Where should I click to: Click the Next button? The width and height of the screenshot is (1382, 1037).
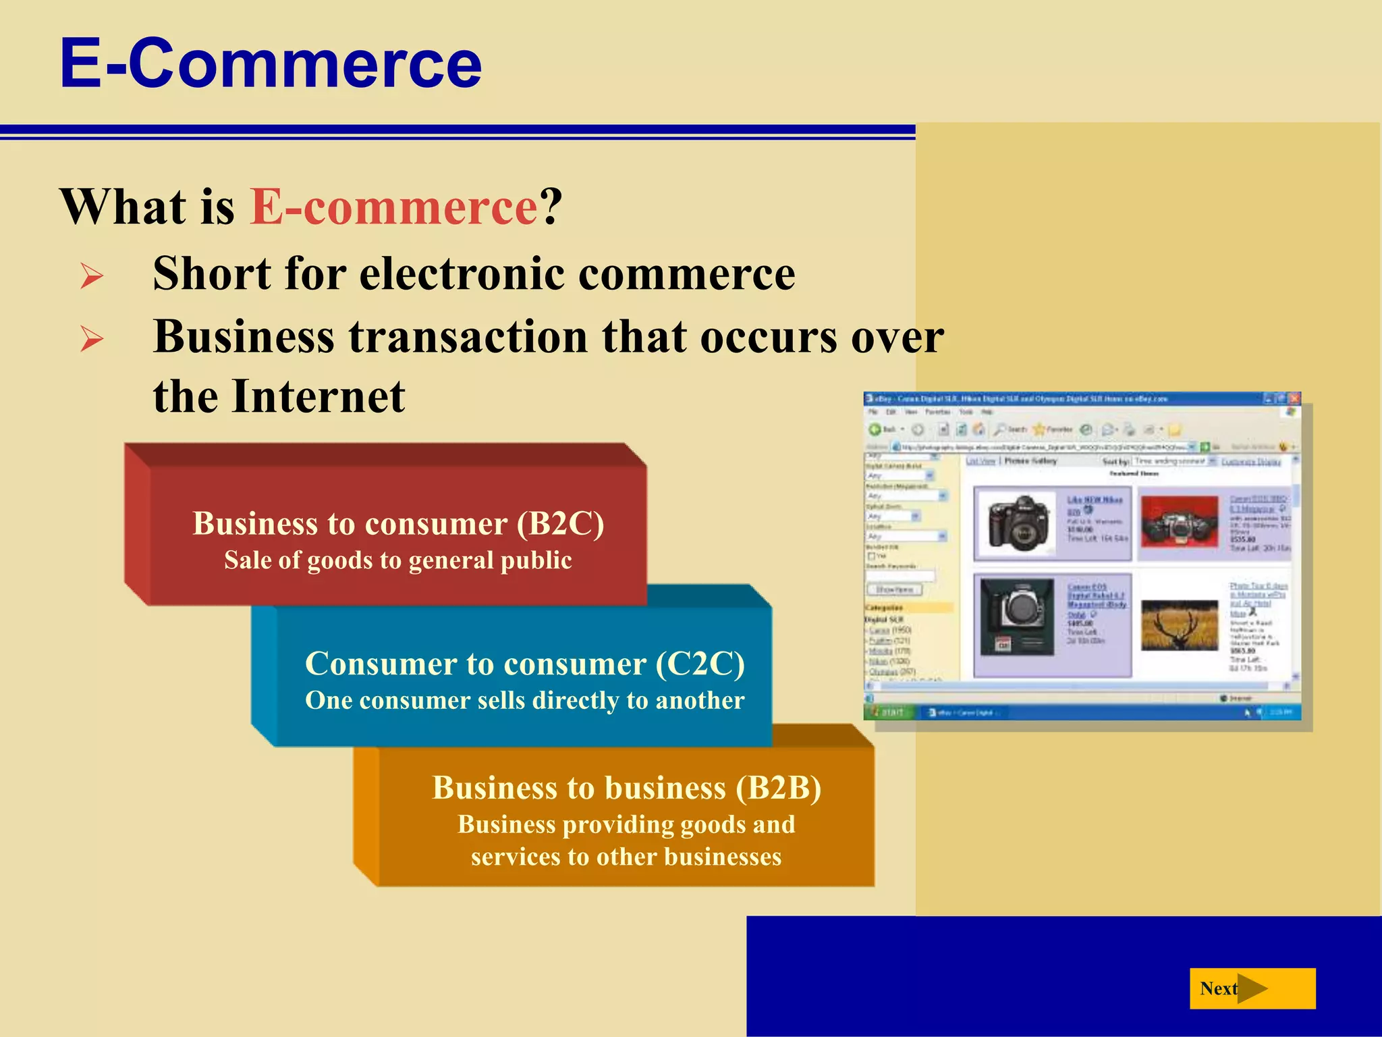pyautogui.click(x=1252, y=988)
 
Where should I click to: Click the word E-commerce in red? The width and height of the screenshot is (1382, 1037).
pyautogui.click(x=393, y=207)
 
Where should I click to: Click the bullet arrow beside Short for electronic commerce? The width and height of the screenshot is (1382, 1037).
pyautogui.click(x=91, y=276)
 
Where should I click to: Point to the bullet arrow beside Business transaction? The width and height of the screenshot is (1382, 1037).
pyautogui.click(x=91, y=338)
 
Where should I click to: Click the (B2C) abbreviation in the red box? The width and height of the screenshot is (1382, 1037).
pyautogui.click(x=560, y=524)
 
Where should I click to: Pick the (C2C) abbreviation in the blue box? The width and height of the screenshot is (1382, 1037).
pyautogui.click(x=700, y=664)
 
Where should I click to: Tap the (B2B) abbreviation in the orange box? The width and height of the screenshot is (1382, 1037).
pyautogui.click(x=778, y=789)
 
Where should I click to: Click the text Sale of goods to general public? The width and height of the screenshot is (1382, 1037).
pyautogui.click(x=398, y=561)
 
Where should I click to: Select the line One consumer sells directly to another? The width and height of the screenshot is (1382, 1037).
pyautogui.click(x=524, y=701)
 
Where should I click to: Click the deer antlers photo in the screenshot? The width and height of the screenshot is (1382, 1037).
pyautogui.click(x=1180, y=626)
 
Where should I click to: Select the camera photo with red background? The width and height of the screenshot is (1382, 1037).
pyautogui.click(x=1180, y=522)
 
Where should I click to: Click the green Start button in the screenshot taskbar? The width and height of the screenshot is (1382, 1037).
pyautogui.click(x=889, y=712)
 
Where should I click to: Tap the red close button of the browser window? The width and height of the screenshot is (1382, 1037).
pyautogui.click(x=1294, y=399)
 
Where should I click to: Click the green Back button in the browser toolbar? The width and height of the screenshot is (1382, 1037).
pyautogui.click(x=875, y=429)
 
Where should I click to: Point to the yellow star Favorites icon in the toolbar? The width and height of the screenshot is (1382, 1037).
pyautogui.click(x=1039, y=429)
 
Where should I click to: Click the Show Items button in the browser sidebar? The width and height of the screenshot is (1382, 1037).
pyautogui.click(x=894, y=590)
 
